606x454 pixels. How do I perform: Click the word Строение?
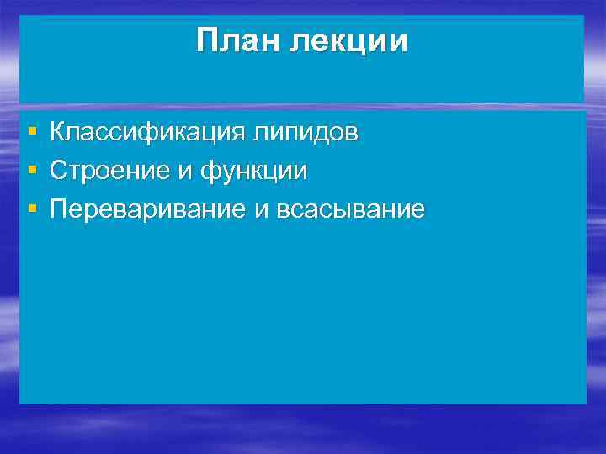pos(109,171)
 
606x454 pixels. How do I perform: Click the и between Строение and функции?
pos(185,172)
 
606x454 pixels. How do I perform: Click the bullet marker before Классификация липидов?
pos(31,133)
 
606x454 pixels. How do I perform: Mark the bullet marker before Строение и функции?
pos(31,172)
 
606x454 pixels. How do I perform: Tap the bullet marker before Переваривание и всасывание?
pos(31,210)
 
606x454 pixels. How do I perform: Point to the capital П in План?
pos(207,40)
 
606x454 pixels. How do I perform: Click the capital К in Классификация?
pos(57,132)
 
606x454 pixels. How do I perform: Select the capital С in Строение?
pos(58,171)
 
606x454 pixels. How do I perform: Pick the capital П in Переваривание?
pos(58,209)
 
